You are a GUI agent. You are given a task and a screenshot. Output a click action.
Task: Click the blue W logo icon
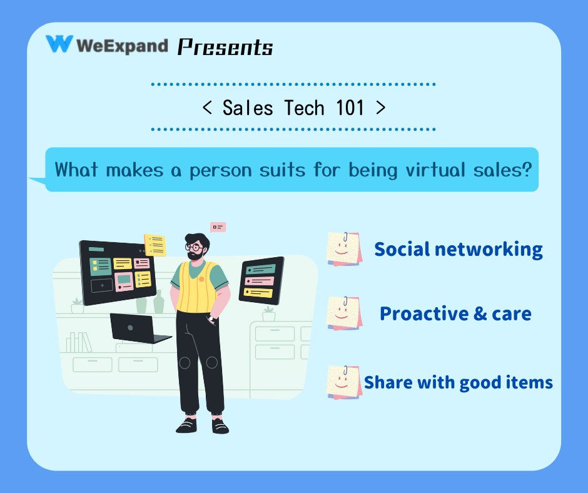coord(59,44)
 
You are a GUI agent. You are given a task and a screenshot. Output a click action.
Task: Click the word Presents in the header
coord(225,47)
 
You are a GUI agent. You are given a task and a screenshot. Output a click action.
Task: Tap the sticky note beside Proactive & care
coord(344,313)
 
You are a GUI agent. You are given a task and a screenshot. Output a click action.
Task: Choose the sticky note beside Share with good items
coord(344,382)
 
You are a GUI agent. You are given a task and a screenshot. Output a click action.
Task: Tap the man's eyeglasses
coord(195,248)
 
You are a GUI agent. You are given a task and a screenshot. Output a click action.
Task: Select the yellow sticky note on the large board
coord(155,244)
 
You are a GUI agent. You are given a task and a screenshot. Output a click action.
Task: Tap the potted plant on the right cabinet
coord(268,313)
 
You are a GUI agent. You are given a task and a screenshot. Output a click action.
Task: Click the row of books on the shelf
coord(79,342)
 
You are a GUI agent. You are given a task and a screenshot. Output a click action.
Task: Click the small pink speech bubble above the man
coord(218,226)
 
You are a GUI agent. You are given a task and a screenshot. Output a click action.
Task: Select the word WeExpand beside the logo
coord(122,45)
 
